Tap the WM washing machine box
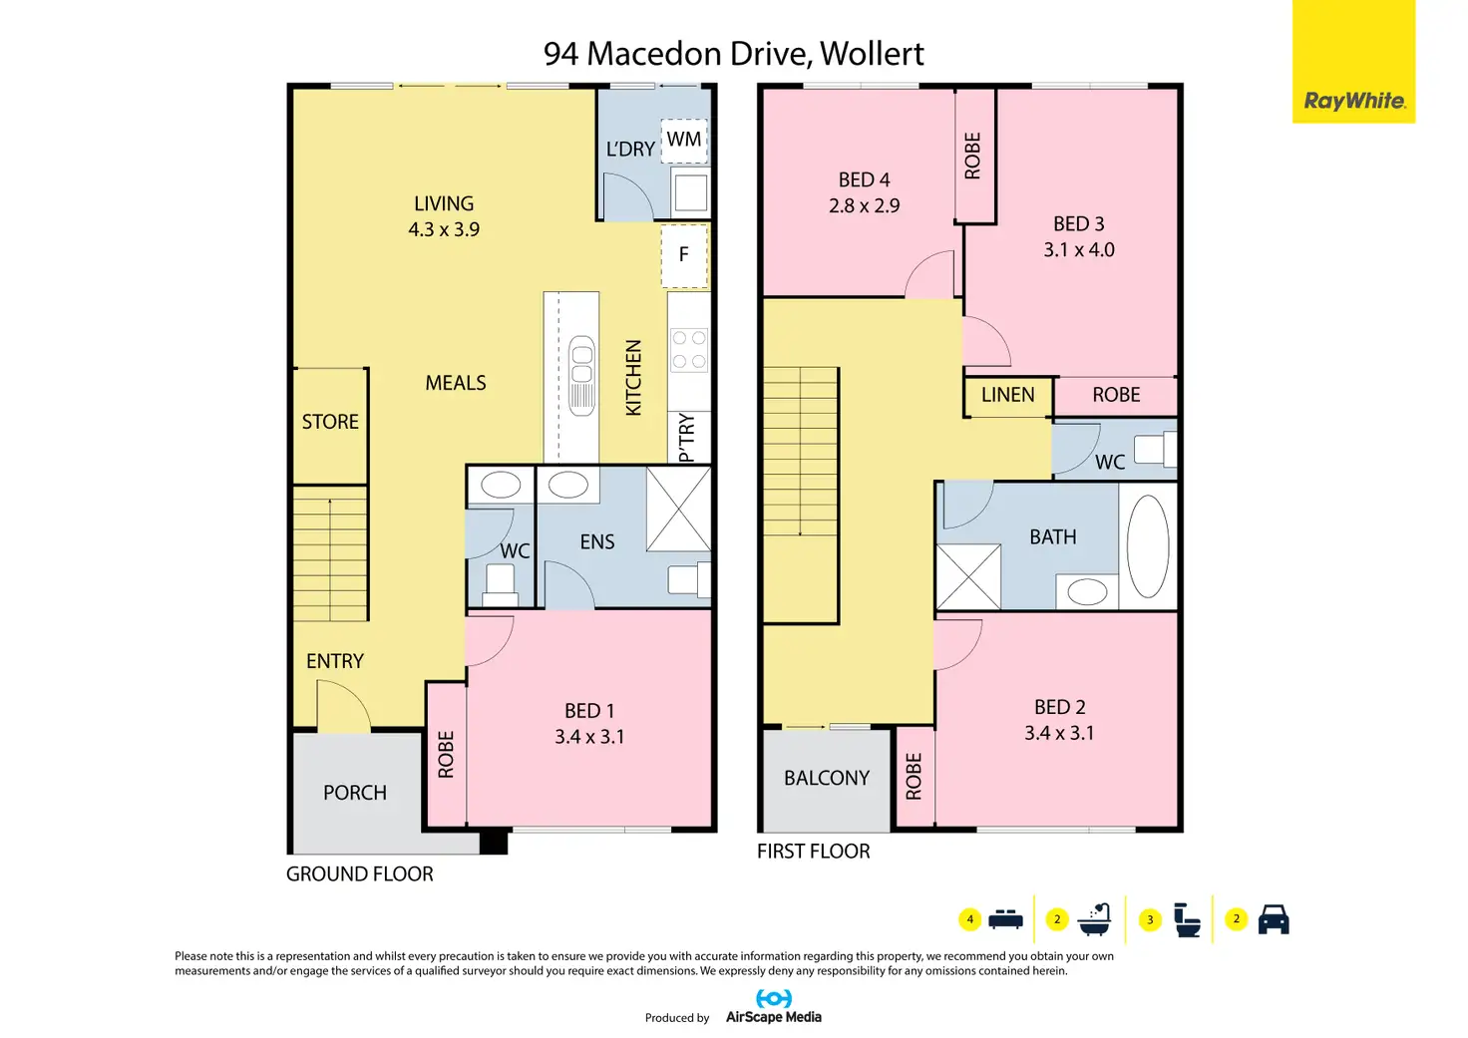[x=683, y=141]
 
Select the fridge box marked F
[x=684, y=255]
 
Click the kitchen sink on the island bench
[x=581, y=376]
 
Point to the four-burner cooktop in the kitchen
[x=689, y=350]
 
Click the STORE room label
[x=330, y=422]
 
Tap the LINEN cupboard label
[x=1007, y=395]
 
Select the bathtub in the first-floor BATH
[x=1148, y=545]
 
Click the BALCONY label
[x=827, y=778]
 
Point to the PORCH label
[x=355, y=793]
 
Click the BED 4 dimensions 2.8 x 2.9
[x=864, y=205]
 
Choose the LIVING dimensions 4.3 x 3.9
[x=444, y=229]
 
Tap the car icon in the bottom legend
[x=1274, y=918]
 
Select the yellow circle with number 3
[x=1150, y=920]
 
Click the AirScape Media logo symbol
[x=773, y=999]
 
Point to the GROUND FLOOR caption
[x=359, y=874]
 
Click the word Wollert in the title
[x=872, y=54]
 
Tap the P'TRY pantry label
[x=686, y=438]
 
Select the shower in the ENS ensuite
[x=678, y=510]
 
